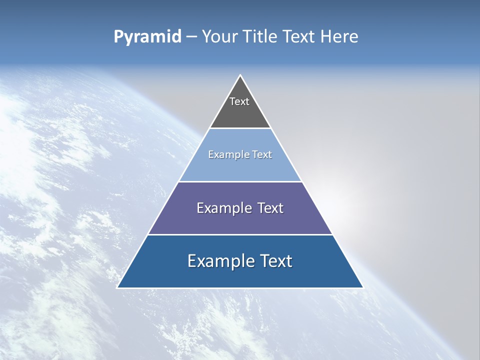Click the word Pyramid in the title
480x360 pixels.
click(147, 36)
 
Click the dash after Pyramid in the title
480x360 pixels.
click(191, 36)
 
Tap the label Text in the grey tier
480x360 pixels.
click(239, 101)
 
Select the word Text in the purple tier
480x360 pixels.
click(270, 208)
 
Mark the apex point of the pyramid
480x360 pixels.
click(240, 75)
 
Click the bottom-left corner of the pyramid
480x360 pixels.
click(117, 287)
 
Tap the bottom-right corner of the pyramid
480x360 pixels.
click(363, 287)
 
